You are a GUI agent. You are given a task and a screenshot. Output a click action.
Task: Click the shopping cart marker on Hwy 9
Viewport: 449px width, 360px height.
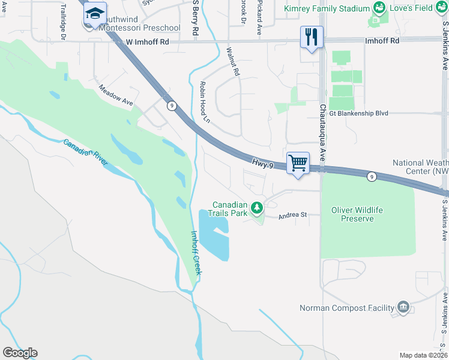(298, 163)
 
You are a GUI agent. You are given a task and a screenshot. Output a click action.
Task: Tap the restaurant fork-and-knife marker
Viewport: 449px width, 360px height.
(312, 37)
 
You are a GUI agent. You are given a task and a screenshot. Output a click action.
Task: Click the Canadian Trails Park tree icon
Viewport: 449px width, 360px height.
(257, 208)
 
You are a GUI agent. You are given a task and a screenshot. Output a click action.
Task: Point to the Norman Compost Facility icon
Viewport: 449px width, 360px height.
(403, 308)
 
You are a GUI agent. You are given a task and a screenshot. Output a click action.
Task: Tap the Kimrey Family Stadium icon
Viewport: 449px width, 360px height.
(379, 8)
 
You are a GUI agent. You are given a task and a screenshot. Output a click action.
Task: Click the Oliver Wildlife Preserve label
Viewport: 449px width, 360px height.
(357, 214)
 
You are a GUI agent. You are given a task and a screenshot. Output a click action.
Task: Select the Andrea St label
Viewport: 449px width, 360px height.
(292, 215)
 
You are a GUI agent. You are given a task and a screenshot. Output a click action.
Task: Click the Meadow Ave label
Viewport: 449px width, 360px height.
(116, 95)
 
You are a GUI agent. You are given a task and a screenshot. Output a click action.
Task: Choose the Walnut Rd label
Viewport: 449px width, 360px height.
(232, 62)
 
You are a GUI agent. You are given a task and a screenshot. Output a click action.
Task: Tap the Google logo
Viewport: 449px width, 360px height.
(20, 353)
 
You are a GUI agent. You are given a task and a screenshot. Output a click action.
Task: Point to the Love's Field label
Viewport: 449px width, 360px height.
(414, 8)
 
